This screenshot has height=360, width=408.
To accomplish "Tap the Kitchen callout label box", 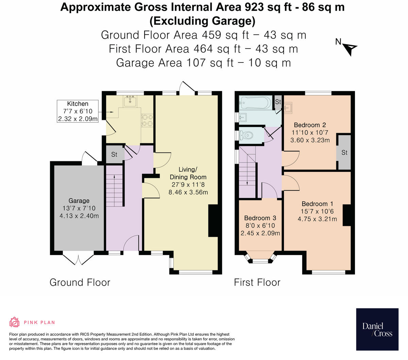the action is (x=78, y=111).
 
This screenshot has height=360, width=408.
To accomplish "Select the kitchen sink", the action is (x=130, y=101).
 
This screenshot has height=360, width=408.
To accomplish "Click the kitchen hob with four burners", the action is (x=147, y=120).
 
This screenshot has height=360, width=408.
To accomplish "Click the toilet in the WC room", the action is (x=246, y=135).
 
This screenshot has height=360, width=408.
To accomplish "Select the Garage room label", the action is (x=79, y=201).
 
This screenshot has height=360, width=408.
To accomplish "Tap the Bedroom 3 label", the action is (x=260, y=218).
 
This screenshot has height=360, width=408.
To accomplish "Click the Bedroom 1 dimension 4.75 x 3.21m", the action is (x=317, y=219).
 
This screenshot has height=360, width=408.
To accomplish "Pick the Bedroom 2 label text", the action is (x=310, y=125).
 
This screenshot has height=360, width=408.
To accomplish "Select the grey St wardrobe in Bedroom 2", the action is (x=344, y=152).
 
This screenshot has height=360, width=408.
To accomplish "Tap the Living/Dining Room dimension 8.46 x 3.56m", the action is (x=188, y=192).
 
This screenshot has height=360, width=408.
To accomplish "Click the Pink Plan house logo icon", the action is (x=14, y=322).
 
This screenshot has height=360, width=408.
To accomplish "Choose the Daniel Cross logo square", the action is (x=377, y=329).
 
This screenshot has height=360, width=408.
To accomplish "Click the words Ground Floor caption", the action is (x=80, y=282).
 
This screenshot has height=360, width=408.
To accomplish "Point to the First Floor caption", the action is (x=257, y=282).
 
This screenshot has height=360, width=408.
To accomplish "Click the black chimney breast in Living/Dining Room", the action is (x=213, y=221).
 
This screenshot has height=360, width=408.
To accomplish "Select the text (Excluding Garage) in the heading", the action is (x=202, y=21).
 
